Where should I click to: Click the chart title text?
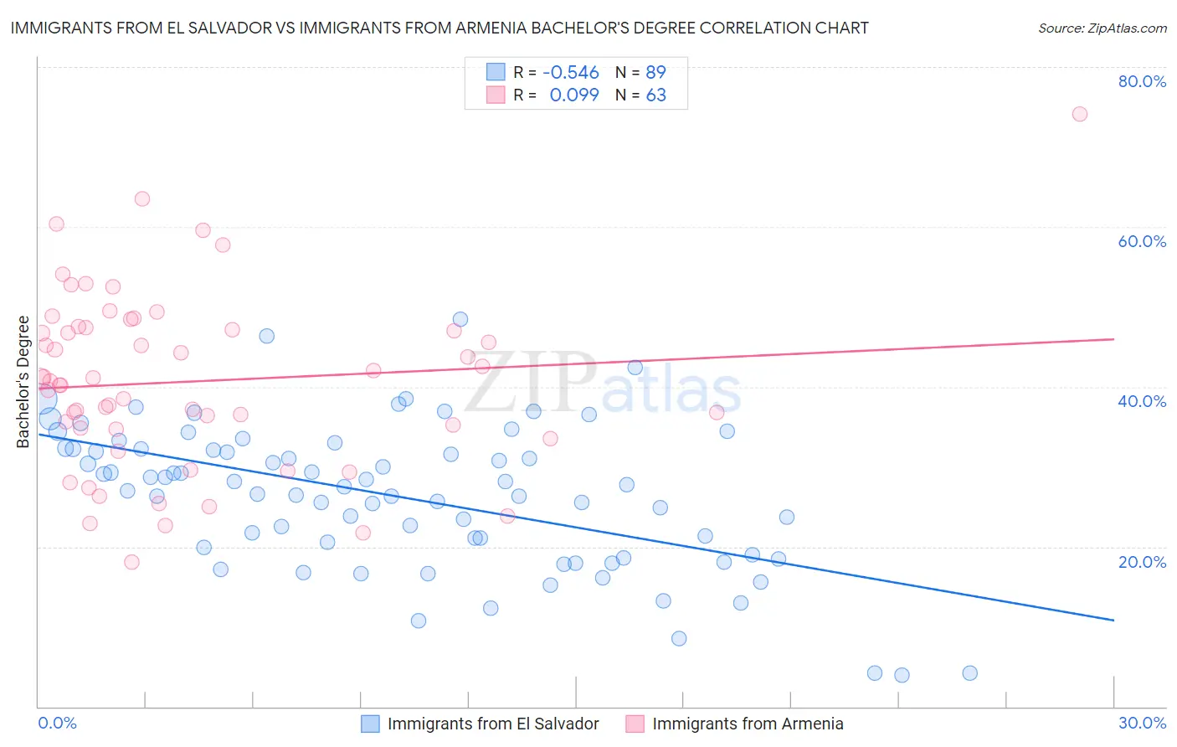(439, 28)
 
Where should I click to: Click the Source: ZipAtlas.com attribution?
(1102, 28)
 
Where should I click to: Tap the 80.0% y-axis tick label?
(1142, 81)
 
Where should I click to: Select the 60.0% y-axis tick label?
(1142, 241)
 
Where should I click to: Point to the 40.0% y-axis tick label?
(1142, 401)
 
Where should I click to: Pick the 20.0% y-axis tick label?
(1142, 561)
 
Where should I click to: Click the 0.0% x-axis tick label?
(57, 723)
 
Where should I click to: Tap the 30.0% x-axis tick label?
(1142, 723)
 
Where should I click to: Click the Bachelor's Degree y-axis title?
(23, 382)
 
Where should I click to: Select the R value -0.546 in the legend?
(571, 73)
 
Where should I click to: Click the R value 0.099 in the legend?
(573, 95)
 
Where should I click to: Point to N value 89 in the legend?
(655, 73)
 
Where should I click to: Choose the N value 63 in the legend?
(655, 95)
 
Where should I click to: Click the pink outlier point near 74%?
(1080, 114)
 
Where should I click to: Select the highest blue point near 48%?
(460, 319)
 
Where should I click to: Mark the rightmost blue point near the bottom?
(969, 673)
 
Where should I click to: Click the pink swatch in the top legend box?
(496, 95)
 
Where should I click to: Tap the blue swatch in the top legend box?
(496, 72)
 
